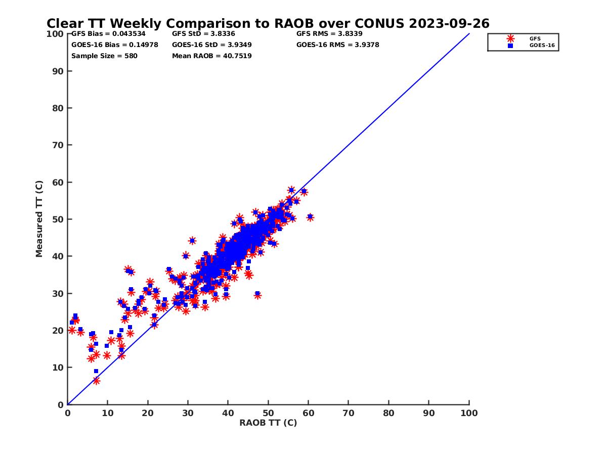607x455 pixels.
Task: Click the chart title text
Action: [x=268, y=24]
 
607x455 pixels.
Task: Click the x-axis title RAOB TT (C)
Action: [x=268, y=423]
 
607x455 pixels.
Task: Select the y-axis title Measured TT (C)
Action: [x=39, y=219]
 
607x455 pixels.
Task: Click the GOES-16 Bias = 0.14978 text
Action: [x=114, y=44]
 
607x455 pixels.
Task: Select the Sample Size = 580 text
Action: [x=104, y=56]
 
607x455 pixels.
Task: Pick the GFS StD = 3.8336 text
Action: [x=203, y=34]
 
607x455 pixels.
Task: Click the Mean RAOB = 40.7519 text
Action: [x=211, y=56]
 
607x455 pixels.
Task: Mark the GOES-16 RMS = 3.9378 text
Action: [x=337, y=44]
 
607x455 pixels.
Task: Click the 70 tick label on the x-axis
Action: [x=349, y=413]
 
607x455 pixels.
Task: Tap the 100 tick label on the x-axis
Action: [x=469, y=413]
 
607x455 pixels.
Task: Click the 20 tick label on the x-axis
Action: [x=148, y=413]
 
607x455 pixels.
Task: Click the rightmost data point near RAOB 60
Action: [x=310, y=217]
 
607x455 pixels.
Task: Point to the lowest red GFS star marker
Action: [x=96, y=381]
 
